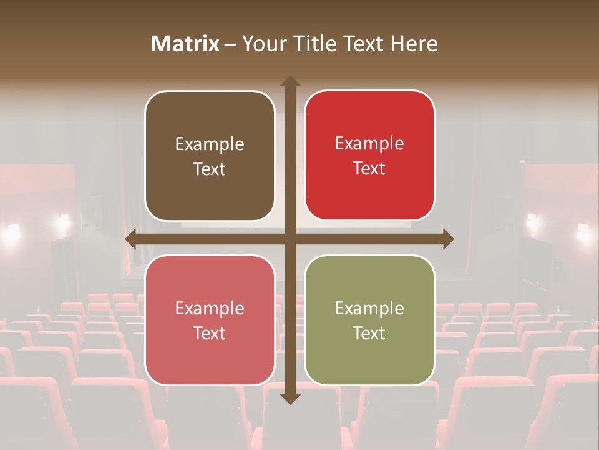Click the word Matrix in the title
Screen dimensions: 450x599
185,44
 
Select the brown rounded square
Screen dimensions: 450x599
210,156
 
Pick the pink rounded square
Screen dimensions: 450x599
210,320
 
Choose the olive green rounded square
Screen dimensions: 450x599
369,320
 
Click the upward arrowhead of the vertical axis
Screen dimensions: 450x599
290,81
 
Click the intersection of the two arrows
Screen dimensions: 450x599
290,239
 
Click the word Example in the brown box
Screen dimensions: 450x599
210,144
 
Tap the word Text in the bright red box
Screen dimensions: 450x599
369,168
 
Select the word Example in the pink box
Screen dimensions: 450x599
210,309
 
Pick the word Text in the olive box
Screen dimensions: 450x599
369,333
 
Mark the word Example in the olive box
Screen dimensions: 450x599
369,309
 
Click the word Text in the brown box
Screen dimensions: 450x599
210,169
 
